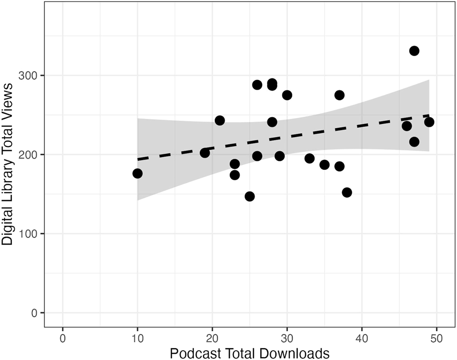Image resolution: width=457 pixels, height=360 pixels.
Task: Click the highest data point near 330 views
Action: [414, 51]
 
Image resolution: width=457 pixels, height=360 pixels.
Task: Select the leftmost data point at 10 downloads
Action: [137, 174]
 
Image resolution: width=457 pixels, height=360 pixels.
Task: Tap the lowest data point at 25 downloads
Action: [250, 196]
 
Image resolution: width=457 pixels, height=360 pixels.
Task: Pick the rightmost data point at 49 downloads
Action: [429, 122]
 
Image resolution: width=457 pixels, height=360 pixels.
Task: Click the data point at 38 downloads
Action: [347, 192]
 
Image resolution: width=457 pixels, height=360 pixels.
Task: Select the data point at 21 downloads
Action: [220, 121]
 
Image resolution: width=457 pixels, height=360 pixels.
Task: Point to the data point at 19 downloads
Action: [205, 153]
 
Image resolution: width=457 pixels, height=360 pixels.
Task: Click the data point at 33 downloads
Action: [309, 158]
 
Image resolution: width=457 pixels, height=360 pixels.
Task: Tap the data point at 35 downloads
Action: [324, 165]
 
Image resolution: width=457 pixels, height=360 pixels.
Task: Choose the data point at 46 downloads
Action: [406, 126]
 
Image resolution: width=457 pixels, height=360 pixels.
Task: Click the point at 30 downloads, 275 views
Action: [287, 95]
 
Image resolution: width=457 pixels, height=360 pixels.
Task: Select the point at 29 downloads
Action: [279, 156]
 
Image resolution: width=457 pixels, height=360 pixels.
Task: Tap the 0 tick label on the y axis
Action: [34, 313]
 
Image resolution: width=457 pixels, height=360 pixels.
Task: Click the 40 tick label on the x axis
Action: [361, 338]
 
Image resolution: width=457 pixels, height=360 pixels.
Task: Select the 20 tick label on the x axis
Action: [212, 338]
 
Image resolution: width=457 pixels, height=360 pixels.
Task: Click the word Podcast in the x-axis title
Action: [193, 352]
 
